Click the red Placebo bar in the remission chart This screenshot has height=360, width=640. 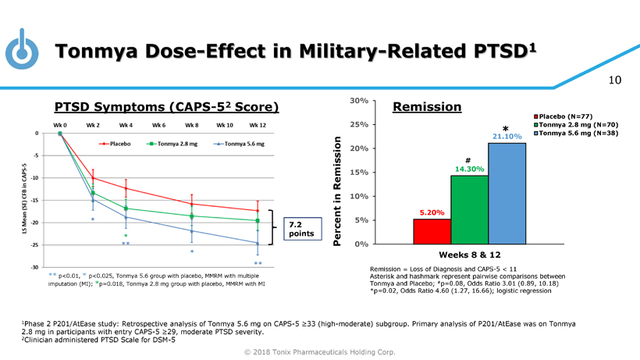[x=432, y=231]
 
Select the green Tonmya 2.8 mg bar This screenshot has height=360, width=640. [x=469, y=209]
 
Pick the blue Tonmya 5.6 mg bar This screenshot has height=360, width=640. [x=507, y=193]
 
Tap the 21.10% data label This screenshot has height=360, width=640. [x=507, y=137]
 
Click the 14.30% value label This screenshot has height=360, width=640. [x=469, y=169]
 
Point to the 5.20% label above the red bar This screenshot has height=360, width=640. [x=432, y=212]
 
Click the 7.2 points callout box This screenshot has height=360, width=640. [x=300, y=229]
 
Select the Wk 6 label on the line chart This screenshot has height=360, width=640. [x=159, y=125]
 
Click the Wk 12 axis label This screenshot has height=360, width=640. [x=258, y=125]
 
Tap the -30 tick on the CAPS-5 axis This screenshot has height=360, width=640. [x=34, y=268]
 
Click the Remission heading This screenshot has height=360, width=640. [x=428, y=106]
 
